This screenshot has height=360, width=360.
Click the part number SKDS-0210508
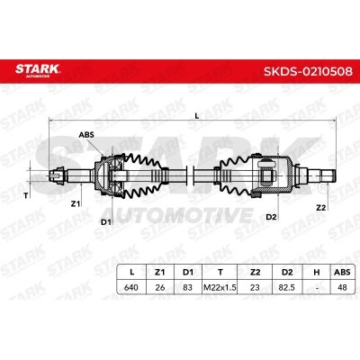[308, 71]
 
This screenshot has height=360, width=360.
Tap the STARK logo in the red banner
[38, 70]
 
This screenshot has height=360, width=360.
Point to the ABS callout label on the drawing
[86, 135]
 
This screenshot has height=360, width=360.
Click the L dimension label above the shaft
[197, 115]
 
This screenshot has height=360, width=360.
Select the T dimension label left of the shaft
[26, 196]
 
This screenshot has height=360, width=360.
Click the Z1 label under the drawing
[75, 204]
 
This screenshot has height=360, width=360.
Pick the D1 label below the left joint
[106, 222]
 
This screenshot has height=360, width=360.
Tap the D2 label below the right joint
[271, 217]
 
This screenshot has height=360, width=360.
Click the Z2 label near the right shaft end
[321, 208]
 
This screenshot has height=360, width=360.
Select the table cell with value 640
[131, 287]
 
